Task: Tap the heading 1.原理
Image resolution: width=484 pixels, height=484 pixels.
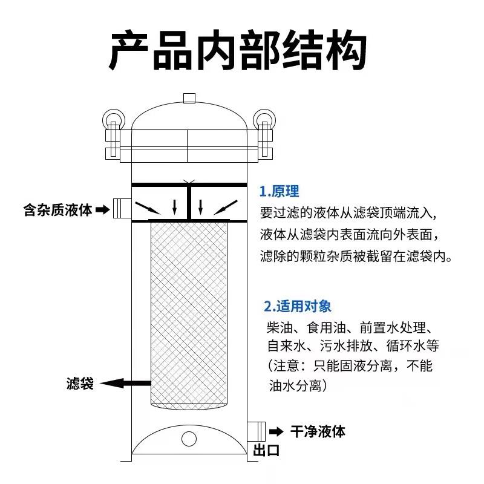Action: (279, 192)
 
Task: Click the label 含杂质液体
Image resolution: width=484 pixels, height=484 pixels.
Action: (57, 210)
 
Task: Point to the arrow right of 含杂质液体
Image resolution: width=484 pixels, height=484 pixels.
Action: (103, 210)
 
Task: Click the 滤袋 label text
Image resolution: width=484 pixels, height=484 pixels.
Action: (80, 384)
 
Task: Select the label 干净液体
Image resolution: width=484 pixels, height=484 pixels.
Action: (318, 431)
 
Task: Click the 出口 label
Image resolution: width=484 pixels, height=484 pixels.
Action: (266, 451)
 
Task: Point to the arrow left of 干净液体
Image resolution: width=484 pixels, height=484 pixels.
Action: (276, 431)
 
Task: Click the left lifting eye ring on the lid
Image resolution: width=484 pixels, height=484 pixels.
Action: (112, 116)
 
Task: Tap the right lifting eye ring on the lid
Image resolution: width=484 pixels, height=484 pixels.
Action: (264, 116)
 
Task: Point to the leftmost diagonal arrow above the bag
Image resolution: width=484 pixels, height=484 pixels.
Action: (146, 209)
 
